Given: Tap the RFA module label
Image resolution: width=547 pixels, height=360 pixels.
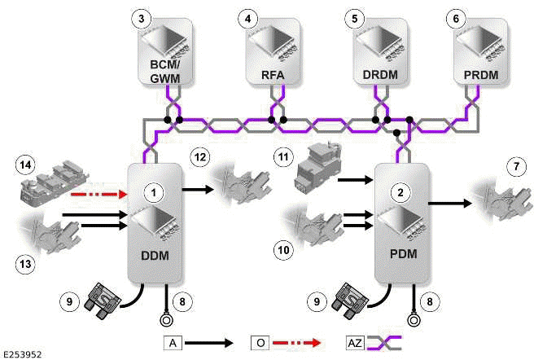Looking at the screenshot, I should point(273,77).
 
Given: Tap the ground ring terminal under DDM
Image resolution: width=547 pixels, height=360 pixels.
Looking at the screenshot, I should point(168,318).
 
